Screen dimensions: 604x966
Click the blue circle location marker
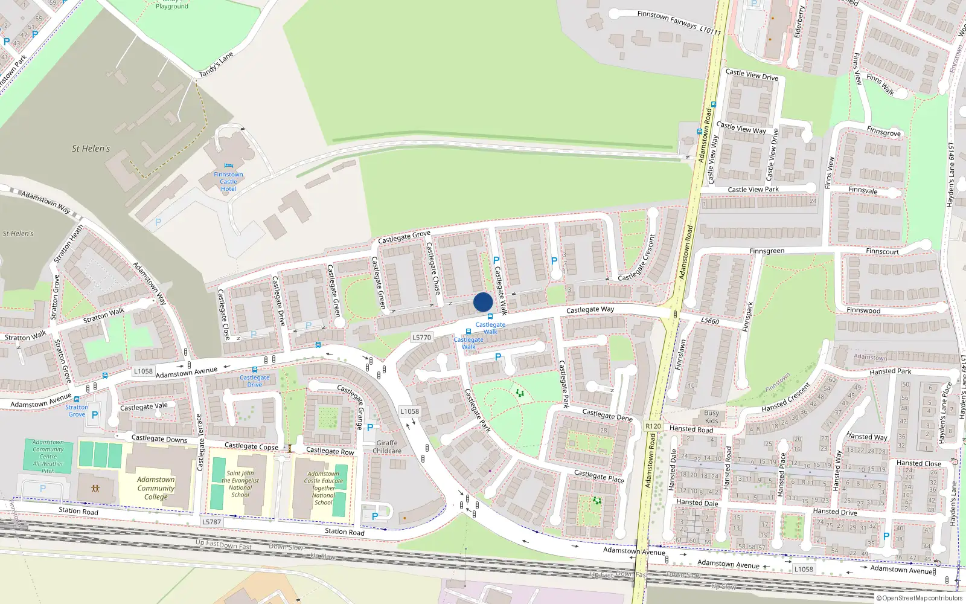483,302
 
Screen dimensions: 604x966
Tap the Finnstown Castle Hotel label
228,182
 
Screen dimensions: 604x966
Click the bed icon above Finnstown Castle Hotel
228,166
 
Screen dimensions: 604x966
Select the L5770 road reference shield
421,338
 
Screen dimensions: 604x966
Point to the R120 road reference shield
653,426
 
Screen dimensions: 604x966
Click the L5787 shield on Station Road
211,522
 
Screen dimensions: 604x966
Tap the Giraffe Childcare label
387,447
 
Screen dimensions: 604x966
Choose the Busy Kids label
712,417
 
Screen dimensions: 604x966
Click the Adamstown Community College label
156,488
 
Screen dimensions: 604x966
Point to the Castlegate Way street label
590,310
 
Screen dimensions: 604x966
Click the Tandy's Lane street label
216,65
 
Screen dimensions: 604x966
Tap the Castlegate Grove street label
404,237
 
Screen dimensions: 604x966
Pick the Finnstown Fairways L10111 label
679,22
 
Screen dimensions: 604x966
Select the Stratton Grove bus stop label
77,411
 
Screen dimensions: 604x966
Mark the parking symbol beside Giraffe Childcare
370,428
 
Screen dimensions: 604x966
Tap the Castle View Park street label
753,190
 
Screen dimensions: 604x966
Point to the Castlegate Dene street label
607,415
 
